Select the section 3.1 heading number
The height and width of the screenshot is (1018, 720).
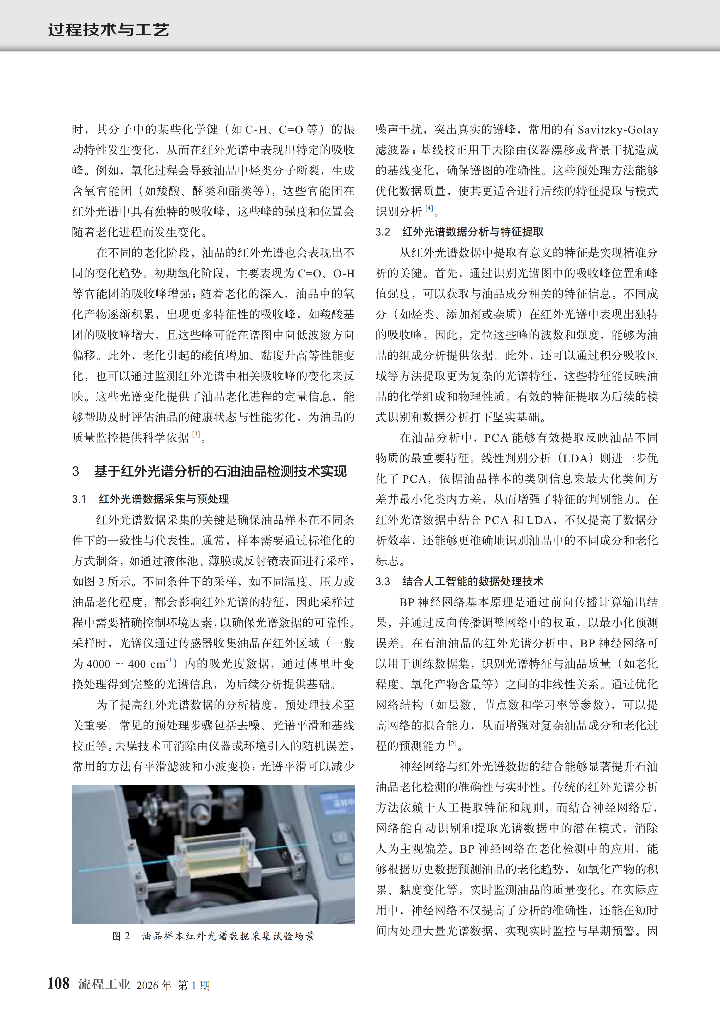pyautogui.click(x=79, y=499)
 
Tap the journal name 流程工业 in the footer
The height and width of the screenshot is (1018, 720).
pyautogui.click(x=104, y=984)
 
